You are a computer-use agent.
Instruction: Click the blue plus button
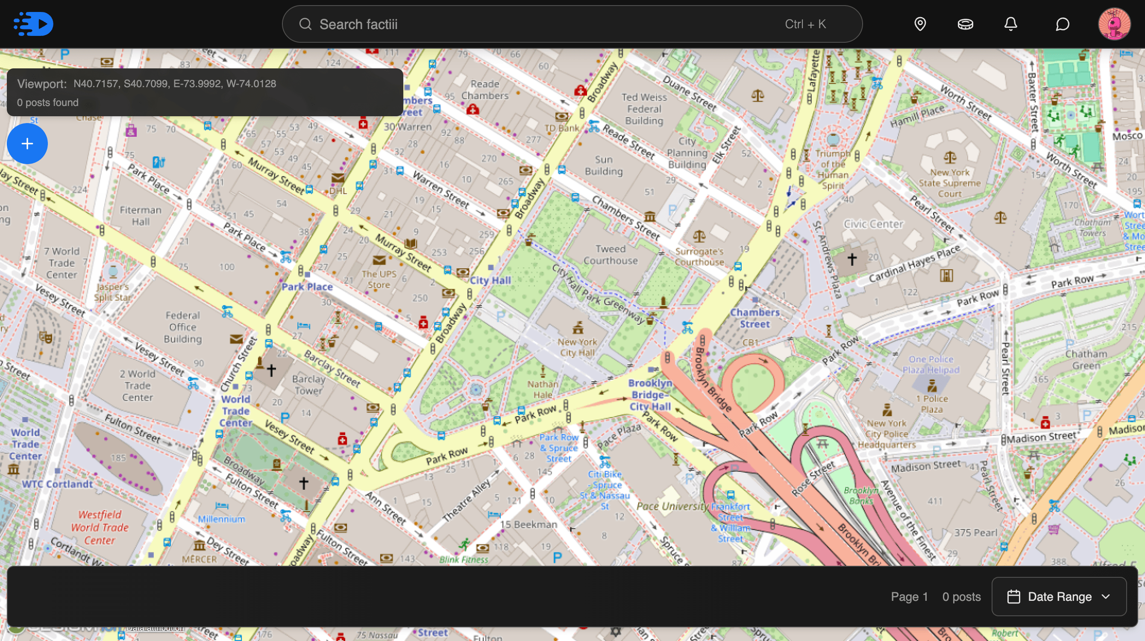pos(27,144)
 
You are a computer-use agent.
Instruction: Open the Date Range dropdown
pos(1059,597)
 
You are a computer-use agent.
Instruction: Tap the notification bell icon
pos(1010,24)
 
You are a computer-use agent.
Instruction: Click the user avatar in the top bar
pos(1114,24)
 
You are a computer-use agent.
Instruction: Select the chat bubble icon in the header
pos(1062,24)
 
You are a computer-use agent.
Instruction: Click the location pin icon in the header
pos(920,24)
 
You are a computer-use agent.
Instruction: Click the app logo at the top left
pos(33,24)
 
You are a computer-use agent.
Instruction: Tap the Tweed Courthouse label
pos(610,255)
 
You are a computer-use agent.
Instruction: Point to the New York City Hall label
pos(577,347)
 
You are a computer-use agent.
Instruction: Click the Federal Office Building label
pos(183,327)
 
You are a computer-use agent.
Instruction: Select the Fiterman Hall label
pos(141,216)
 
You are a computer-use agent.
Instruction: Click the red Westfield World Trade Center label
pos(100,527)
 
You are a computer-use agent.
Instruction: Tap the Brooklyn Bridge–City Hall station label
pos(649,395)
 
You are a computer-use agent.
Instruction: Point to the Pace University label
pos(672,506)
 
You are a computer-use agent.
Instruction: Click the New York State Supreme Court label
pos(949,183)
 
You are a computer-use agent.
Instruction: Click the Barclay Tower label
pos(308,385)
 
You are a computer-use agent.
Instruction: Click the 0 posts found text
pos(47,103)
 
